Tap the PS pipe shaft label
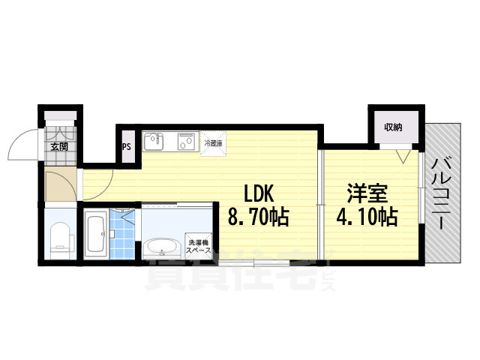point(127,147)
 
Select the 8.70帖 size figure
point(258,218)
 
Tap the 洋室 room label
point(367,193)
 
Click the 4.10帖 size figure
point(367,218)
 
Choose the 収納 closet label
point(394,127)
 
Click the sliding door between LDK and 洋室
point(319,202)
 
